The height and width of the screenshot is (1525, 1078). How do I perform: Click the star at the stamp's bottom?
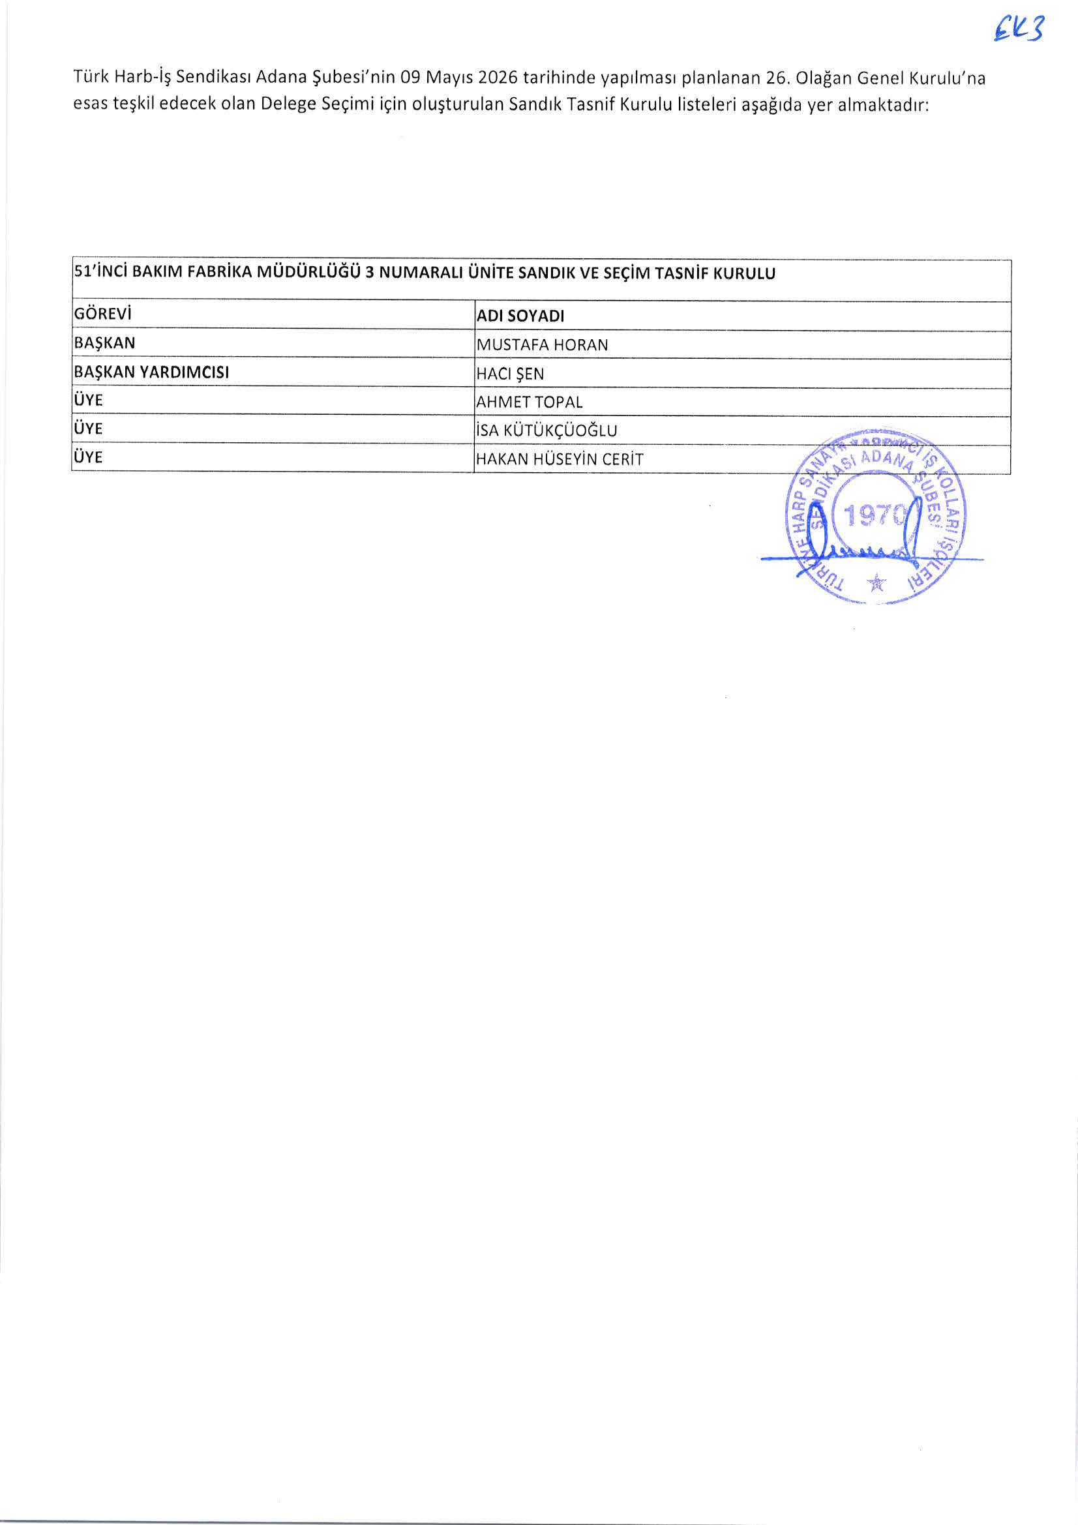pos(876,583)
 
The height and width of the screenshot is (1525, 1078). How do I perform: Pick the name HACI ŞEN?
pos(510,374)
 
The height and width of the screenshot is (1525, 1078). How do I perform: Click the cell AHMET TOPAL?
pos(530,402)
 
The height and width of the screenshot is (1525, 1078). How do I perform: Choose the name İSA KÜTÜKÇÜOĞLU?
pos(546,430)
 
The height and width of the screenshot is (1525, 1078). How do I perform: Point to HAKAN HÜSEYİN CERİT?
pos(560,459)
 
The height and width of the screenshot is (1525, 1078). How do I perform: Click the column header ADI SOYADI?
pos(520,317)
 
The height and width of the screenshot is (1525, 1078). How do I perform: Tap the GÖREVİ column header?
pos(102,314)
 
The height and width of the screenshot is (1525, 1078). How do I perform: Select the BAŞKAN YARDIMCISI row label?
pos(151,372)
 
